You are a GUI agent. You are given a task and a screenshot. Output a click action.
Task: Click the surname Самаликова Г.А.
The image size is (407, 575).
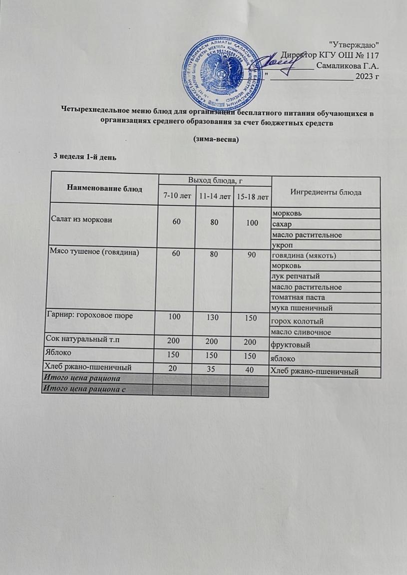348,66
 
